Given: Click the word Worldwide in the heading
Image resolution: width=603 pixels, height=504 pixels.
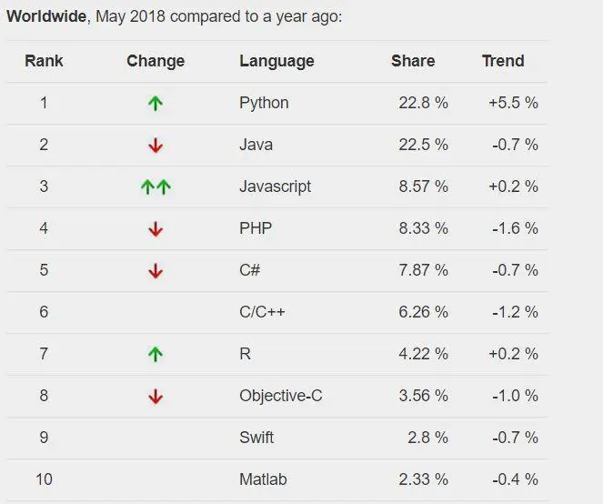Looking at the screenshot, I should tap(46, 17).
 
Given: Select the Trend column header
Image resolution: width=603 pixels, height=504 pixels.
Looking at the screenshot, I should tap(503, 61).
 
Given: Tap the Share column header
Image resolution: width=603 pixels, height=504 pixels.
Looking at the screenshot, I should tap(413, 61).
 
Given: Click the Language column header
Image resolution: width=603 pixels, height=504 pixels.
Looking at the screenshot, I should tap(276, 61).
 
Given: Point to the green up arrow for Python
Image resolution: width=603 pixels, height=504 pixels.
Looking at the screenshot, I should tap(156, 104).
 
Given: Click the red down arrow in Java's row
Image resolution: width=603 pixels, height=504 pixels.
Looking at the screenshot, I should tap(156, 146).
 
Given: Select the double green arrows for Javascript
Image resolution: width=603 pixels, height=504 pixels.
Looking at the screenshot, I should tap(156, 187).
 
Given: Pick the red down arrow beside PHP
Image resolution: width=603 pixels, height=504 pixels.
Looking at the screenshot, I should tap(156, 229).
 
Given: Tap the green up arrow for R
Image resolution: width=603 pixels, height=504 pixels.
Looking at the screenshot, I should tap(156, 355).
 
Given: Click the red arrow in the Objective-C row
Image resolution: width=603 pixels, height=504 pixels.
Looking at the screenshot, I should tap(156, 397).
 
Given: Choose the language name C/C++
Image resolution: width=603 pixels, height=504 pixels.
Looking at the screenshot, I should tap(262, 312).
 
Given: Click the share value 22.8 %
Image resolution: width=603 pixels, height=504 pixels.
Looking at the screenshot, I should tap(423, 103).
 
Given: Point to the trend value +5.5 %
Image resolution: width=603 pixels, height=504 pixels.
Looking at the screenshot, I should tap(513, 103).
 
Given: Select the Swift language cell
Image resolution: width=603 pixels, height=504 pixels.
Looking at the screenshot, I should tap(256, 438).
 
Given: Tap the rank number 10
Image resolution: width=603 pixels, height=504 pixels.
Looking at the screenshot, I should tap(44, 479).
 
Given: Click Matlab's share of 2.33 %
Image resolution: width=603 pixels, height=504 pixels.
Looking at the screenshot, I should tap(423, 479).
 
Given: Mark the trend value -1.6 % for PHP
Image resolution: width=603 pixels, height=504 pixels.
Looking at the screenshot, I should tap(515, 228).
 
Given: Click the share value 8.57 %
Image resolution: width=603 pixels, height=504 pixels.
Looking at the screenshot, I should tap(423, 186).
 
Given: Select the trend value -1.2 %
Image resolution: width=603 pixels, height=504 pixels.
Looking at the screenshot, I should tap(515, 312).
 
